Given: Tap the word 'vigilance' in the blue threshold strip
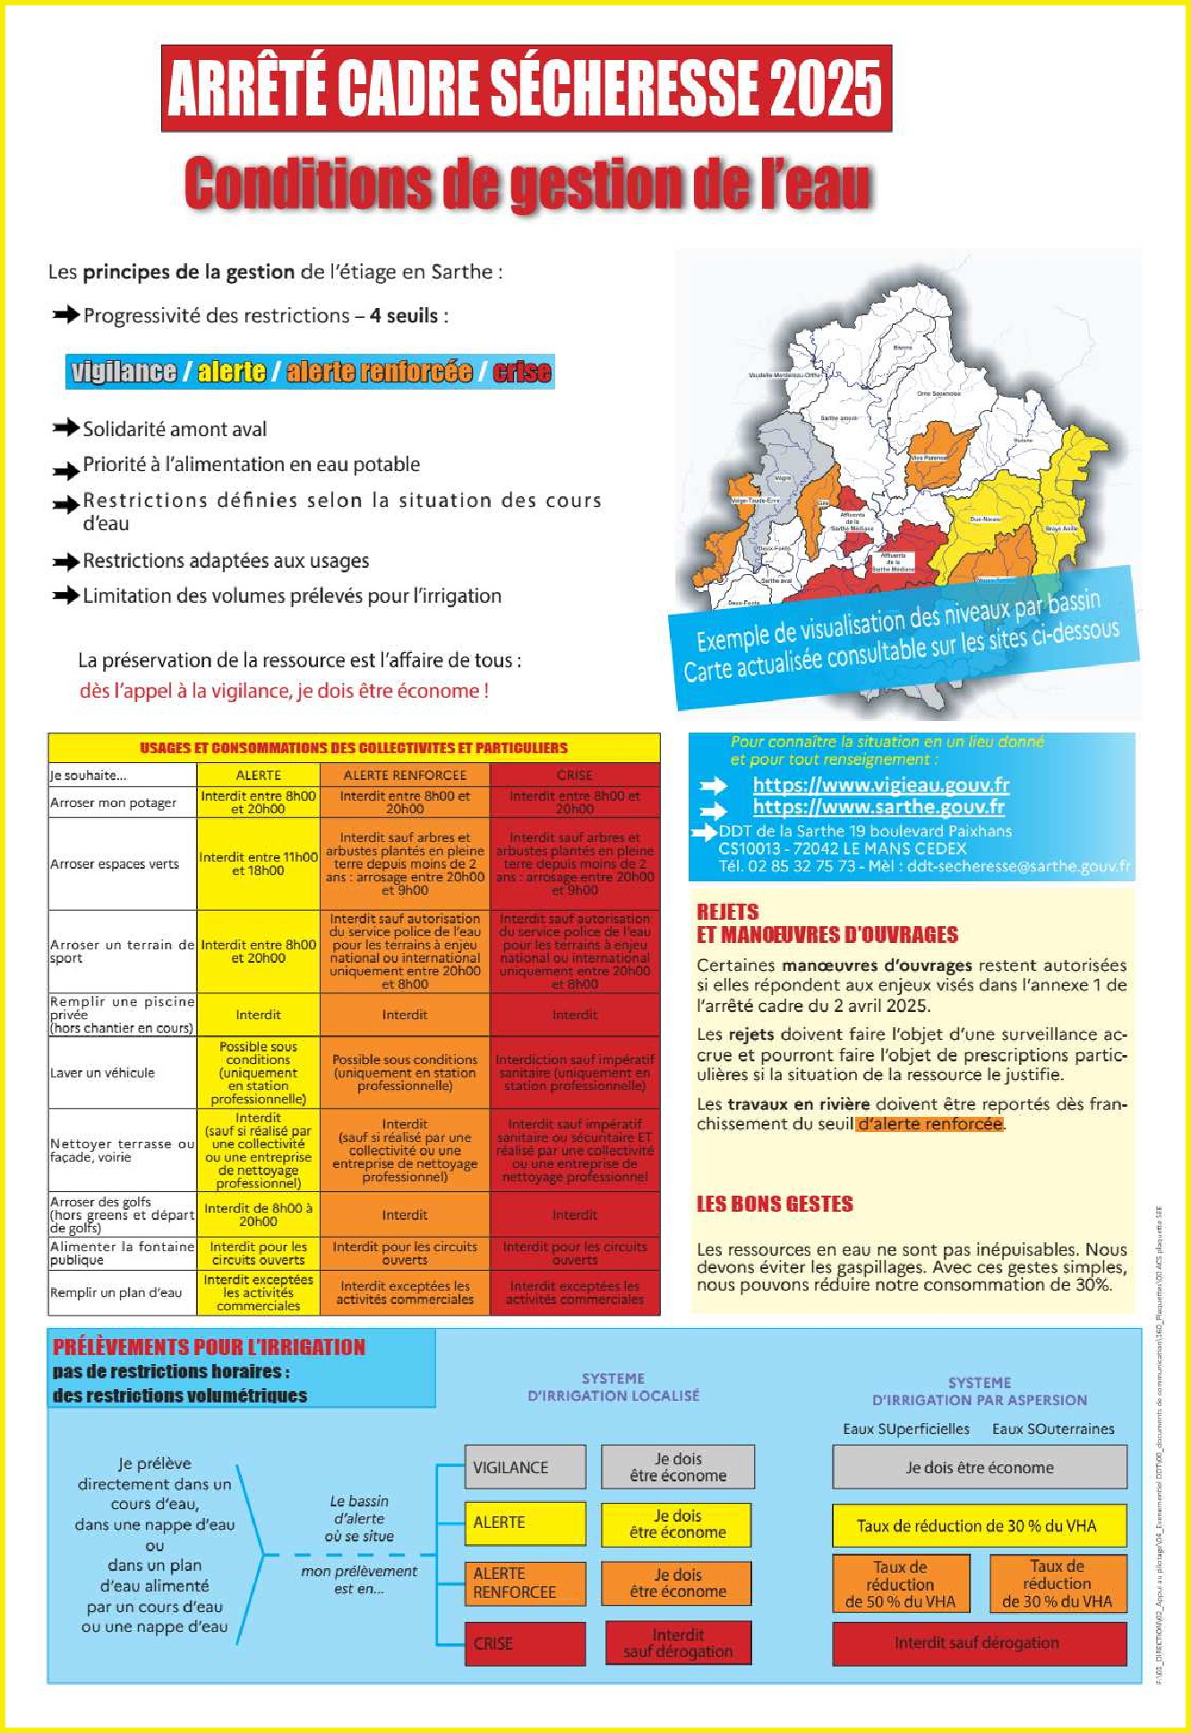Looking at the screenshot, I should tap(124, 372).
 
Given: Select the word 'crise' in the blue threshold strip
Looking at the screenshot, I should tap(521, 372).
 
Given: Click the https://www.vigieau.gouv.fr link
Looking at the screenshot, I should tap(880, 785).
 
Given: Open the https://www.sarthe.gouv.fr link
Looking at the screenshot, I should tap(878, 807).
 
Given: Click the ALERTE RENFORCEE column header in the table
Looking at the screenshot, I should tap(405, 776).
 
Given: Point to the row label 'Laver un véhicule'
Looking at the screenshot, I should tap(103, 1073).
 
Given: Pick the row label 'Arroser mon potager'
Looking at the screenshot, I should tap(114, 802).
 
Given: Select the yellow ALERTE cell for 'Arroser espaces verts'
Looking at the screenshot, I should tap(258, 863).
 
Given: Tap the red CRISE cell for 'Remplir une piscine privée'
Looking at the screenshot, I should tap(574, 1015).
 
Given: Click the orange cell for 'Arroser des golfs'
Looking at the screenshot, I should tap(405, 1215).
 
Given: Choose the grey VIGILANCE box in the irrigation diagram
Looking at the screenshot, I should tap(525, 1467).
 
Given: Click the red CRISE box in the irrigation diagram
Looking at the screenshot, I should tap(525, 1643).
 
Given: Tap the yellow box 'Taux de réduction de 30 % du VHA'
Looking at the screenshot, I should tap(978, 1526).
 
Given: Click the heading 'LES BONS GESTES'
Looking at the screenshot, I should tap(775, 1205).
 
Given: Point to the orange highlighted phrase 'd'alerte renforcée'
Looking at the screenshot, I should tap(929, 1124).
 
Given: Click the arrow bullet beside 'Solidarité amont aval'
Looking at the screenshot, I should tap(65, 428).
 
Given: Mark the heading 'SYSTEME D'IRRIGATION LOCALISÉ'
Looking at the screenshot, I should tap(613, 1387).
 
